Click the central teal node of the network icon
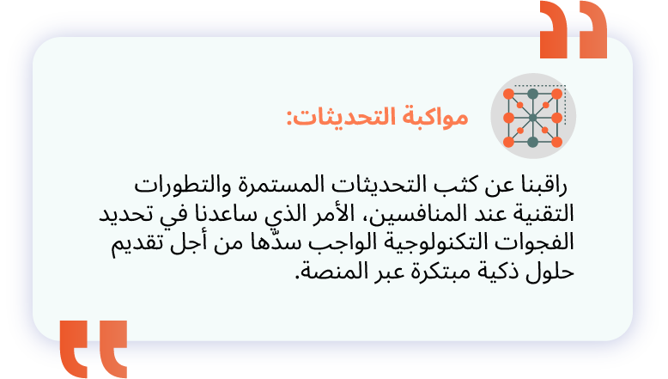[x=532, y=118]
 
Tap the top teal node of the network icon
[x=532, y=94]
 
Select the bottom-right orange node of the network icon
[x=556, y=142]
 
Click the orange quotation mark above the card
[x=574, y=29]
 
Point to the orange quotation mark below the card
[x=94, y=349]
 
